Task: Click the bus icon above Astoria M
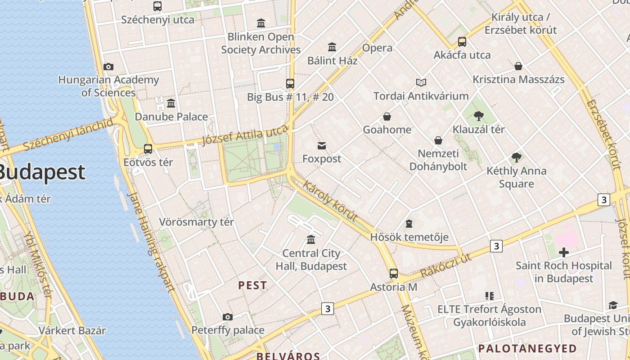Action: (394, 273)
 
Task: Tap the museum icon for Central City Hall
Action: (311, 239)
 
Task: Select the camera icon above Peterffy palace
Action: (228, 317)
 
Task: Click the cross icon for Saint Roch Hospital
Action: (563, 252)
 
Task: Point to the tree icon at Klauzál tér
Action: (478, 116)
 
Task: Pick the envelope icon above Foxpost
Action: (322, 145)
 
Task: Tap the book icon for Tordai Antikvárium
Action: (421, 82)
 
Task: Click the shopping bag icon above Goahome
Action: (387, 117)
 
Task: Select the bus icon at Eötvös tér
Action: (148, 148)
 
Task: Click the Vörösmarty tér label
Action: (197, 222)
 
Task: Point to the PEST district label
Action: (252, 285)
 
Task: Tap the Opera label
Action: (377, 48)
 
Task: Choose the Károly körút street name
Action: (331, 201)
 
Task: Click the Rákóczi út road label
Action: (445, 265)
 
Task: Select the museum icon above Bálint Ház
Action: (332, 47)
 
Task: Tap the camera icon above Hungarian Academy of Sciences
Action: (108, 67)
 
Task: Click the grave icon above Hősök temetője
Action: (409, 224)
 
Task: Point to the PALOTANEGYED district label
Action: (527, 348)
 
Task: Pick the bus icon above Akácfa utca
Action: (462, 42)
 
